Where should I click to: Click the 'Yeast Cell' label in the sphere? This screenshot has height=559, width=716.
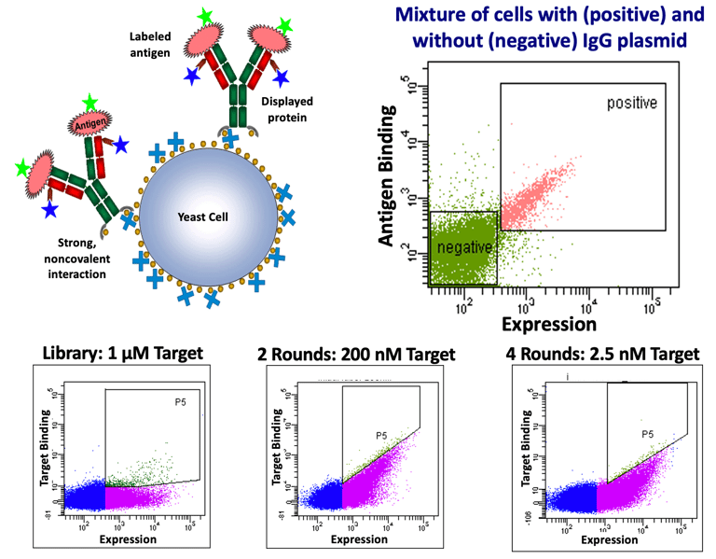202,216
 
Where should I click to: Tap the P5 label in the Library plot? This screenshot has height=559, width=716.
180,402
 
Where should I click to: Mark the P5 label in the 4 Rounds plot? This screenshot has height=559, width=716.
648,434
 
